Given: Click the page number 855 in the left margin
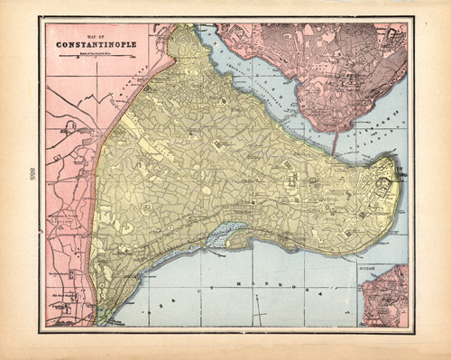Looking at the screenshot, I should click(x=32, y=173).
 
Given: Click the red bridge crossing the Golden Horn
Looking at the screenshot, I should click(x=336, y=142).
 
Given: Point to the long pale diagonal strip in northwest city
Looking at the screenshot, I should click(x=144, y=135).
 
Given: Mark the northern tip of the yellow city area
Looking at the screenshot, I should click(x=185, y=29).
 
